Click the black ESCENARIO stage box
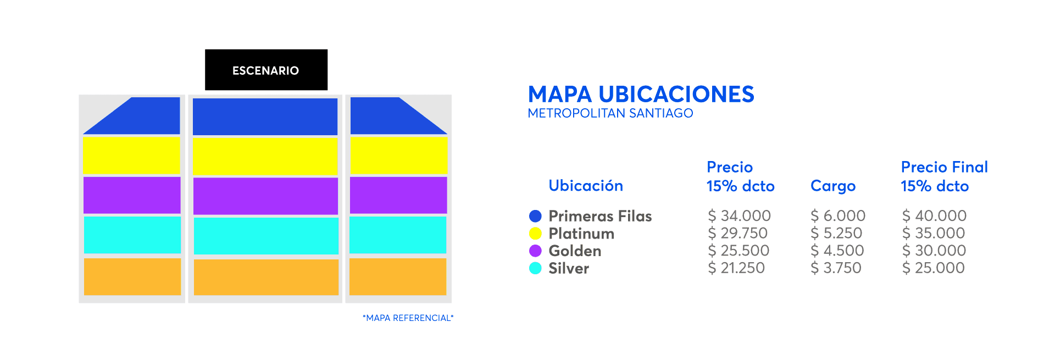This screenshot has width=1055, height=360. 266,70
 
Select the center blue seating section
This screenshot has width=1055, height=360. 265,117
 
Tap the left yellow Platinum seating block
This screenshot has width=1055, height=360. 131,156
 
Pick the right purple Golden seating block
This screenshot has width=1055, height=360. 398,195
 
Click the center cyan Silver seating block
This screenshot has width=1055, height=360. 266,236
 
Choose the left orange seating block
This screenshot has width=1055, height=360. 132,276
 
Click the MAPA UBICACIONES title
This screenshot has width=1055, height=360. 641,95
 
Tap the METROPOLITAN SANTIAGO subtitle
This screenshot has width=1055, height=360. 610,113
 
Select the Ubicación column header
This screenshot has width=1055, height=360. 586,186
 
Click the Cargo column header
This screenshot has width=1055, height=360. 833,186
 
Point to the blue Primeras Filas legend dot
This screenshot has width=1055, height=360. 535,216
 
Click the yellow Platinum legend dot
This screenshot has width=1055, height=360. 535,234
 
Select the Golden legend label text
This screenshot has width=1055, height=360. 575,251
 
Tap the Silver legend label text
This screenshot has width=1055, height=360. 569,268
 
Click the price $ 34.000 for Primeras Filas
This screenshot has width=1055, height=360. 739,216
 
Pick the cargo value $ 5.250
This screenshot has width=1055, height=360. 836,234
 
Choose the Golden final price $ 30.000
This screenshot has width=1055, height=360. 934,251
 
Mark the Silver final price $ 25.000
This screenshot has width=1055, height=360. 933,268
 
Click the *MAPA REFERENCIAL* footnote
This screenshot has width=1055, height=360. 408,318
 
